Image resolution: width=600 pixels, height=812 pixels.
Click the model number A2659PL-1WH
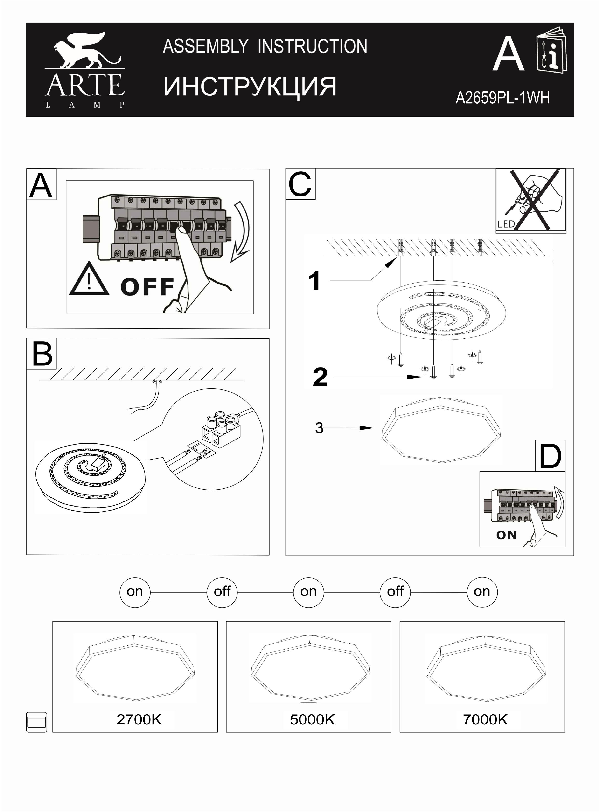click(x=503, y=98)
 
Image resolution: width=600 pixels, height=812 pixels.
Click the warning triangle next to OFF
click(x=89, y=279)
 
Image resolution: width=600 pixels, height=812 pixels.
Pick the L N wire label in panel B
click(x=200, y=449)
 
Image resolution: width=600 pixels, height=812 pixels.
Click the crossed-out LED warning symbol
click(x=531, y=200)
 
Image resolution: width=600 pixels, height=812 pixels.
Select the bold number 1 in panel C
click(x=314, y=281)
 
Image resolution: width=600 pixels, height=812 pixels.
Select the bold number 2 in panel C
click(x=320, y=377)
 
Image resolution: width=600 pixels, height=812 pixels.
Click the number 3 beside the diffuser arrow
click(x=319, y=428)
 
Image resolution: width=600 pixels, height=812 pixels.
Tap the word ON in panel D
click(x=506, y=535)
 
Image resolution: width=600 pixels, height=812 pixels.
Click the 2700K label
click(x=139, y=719)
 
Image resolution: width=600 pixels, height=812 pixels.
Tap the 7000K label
click(x=486, y=719)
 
